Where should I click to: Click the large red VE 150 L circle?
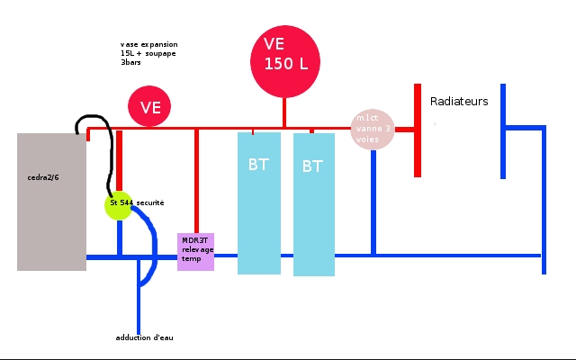click(284, 61)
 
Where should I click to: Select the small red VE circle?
click(150, 107)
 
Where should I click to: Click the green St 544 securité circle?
click(119, 204)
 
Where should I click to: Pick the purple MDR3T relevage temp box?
click(195, 251)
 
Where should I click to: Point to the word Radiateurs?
click(459, 102)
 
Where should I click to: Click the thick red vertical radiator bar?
click(418, 130)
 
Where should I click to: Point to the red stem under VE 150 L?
click(284, 112)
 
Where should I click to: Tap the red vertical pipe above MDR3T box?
click(196, 180)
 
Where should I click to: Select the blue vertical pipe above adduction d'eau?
click(139, 306)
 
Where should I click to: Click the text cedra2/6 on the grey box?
click(43, 177)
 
